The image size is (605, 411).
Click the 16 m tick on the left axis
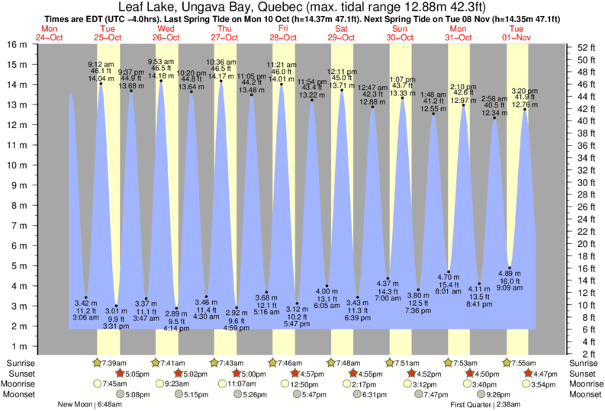point(16,44)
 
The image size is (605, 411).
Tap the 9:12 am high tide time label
point(101,63)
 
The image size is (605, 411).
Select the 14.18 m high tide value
point(161,75)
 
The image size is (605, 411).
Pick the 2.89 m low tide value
point(175,313)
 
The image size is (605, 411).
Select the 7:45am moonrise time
point(115,384)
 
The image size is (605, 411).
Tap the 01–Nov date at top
point(517,37)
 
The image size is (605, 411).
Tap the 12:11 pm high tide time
point(342,71)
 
